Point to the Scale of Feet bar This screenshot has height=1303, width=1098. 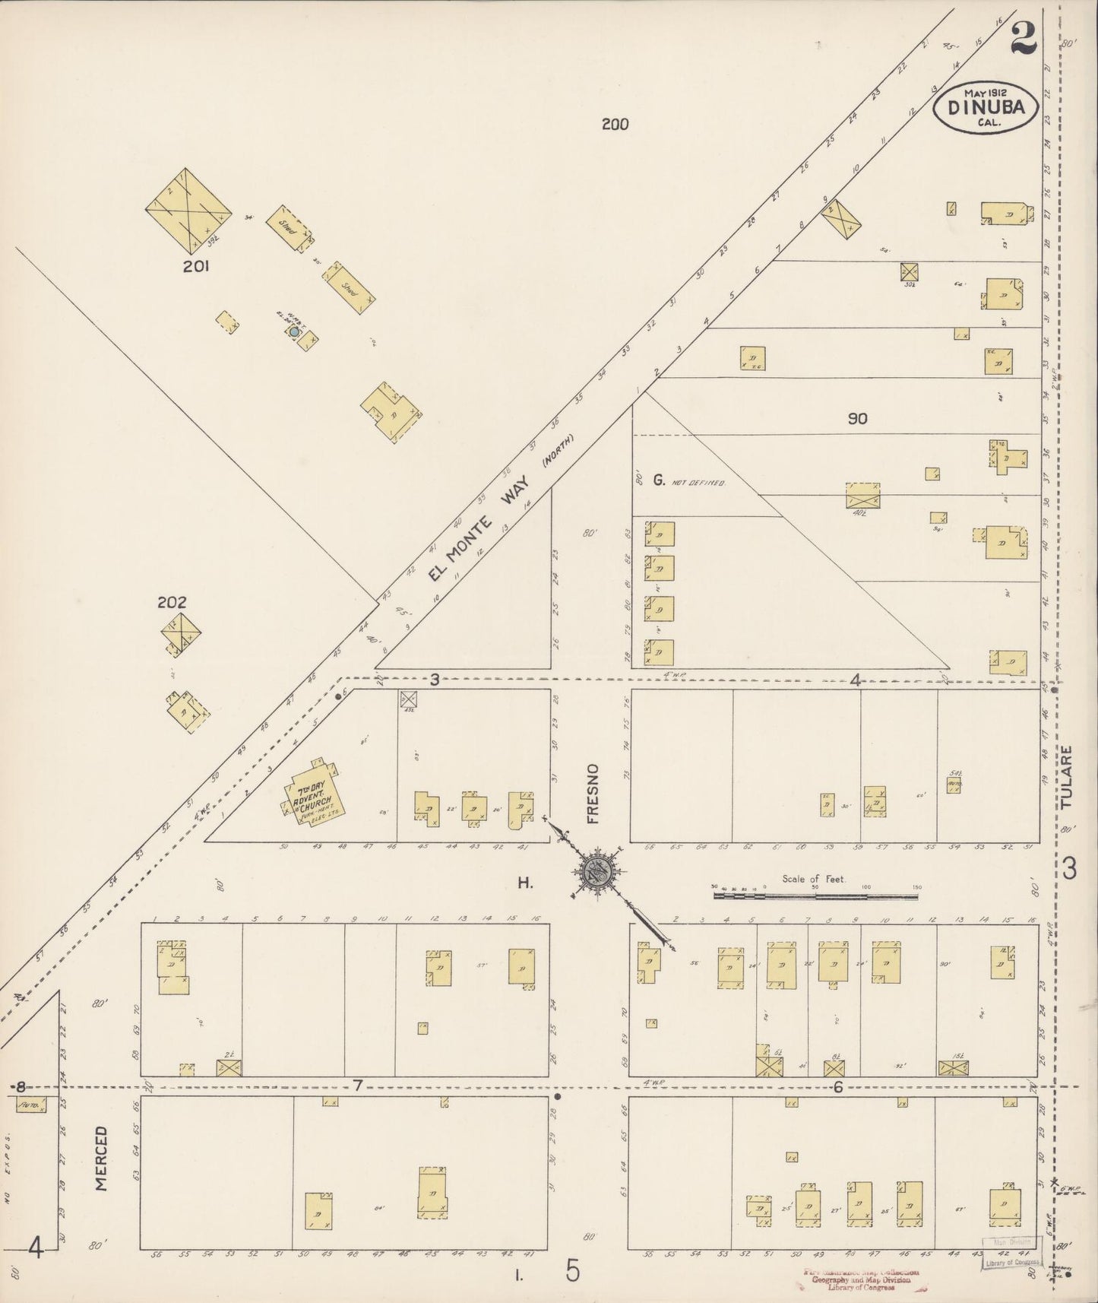pos(815,896)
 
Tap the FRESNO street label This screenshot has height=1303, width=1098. pos(593,794)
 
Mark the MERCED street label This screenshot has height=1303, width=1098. pos(102,1159)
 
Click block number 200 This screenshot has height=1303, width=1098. pos(615,124)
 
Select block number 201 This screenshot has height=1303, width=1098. pos(196,266)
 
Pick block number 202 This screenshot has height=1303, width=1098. pos(172,602)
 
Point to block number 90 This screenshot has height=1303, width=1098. pos(857,418)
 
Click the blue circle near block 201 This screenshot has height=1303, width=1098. pos(294,331)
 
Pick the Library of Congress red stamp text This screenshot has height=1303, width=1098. pos(860,1279)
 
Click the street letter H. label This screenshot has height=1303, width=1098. pos(524,883)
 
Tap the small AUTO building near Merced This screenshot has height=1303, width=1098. pos(30,1104)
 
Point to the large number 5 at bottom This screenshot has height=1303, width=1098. pos(573,1271)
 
